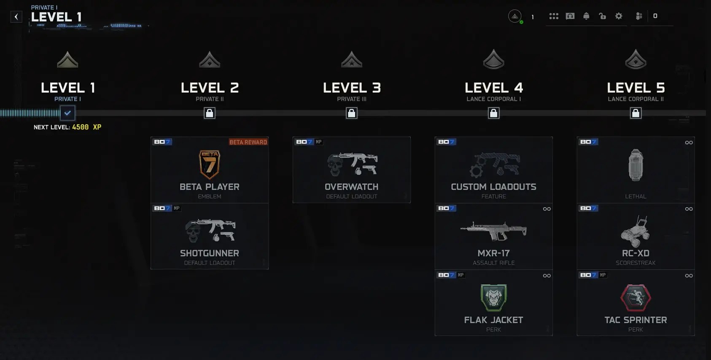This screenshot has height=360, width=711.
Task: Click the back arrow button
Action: (x=16, y=17)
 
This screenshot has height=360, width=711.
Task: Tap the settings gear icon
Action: (x=619, y=16)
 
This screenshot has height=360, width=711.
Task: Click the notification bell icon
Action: (x=586, y=16)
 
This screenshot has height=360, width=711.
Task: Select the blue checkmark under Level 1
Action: (x=67, y=113)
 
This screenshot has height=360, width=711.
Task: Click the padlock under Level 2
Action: (x=210, y=113)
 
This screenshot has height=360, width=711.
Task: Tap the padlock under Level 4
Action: (x=493, y=113)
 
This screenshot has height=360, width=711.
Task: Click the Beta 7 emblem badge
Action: (x=210, y=164)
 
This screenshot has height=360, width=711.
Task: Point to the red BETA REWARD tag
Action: (x=248, y=142)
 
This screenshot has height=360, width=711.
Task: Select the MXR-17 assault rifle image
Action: (x=493, y=231)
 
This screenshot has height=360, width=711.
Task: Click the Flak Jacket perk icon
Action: (x=493, y=297)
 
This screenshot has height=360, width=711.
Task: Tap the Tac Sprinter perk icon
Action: (x=636, y=297)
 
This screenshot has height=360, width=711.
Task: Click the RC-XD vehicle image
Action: (x=636, y=231)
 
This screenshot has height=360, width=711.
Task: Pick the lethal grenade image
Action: (x=636, y=165)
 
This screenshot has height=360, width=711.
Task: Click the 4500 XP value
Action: (x=86, y=127)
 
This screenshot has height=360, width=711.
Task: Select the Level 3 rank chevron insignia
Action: (x=351, y=60)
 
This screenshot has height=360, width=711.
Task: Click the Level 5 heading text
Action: (x=636, y=88)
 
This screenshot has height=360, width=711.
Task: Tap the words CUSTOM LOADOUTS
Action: (x=493, y=187)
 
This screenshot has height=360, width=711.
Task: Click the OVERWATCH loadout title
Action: (x=351, y=187)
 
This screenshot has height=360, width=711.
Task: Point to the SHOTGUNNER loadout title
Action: (x=210, y=253)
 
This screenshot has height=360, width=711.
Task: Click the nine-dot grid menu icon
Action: (x=554, y=16)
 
